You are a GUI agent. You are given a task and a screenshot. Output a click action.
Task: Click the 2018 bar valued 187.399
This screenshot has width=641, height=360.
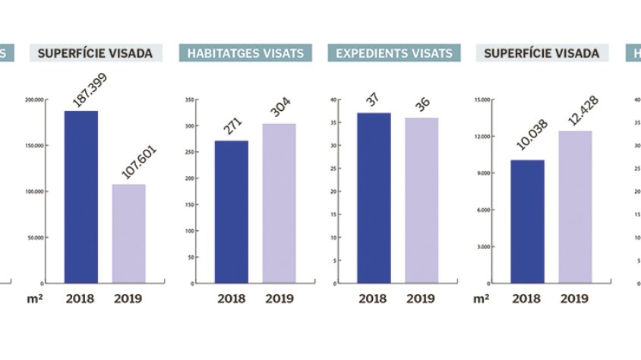pyautogui.click(x=81, y=197)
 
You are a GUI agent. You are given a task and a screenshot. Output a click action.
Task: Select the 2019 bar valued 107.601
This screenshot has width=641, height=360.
pyautogui.click(x=128, y=233)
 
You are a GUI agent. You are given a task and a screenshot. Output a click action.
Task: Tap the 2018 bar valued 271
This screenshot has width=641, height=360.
pyautogui.click(x=231, y=212)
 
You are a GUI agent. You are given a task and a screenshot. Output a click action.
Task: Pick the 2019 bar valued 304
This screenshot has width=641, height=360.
pyautogui.click(x=279, y=203)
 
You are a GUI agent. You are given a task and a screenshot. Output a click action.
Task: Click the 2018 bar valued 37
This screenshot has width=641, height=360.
pyautogui.click(x=374, y=197)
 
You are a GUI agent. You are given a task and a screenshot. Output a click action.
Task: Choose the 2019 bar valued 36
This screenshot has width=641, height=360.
pyautogui.click(x=422, y=201)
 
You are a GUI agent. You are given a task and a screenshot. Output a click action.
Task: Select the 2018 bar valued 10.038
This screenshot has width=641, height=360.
pyautogui.click(x=527, y=221)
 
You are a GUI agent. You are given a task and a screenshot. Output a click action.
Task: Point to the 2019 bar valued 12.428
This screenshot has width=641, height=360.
pyautogui.click(x=575, y=207)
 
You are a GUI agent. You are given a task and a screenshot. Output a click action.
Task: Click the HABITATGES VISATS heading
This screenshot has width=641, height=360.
pyautogui.click(x=245, y=53)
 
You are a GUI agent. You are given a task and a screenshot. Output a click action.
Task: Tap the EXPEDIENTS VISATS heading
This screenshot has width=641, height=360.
pyautogui.click(x=394, y=53)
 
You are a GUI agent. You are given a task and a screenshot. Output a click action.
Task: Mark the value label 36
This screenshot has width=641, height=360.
pyautogui.click(x=422, y=103)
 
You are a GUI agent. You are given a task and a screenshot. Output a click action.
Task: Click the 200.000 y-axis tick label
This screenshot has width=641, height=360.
pyautogui.click(x=35, y=99)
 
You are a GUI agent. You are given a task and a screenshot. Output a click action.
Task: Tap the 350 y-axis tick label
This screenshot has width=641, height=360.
pyautogui.click(x=190, y=99)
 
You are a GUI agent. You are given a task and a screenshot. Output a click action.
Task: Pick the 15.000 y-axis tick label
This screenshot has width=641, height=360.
pyautogui.click(x=482, y=99)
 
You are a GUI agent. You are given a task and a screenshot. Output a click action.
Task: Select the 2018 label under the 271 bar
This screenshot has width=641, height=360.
pyautogui.click(x=231, y=298)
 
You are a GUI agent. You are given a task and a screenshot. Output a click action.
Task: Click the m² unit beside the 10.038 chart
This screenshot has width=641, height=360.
pyautogui.click(x=481, y=298)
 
